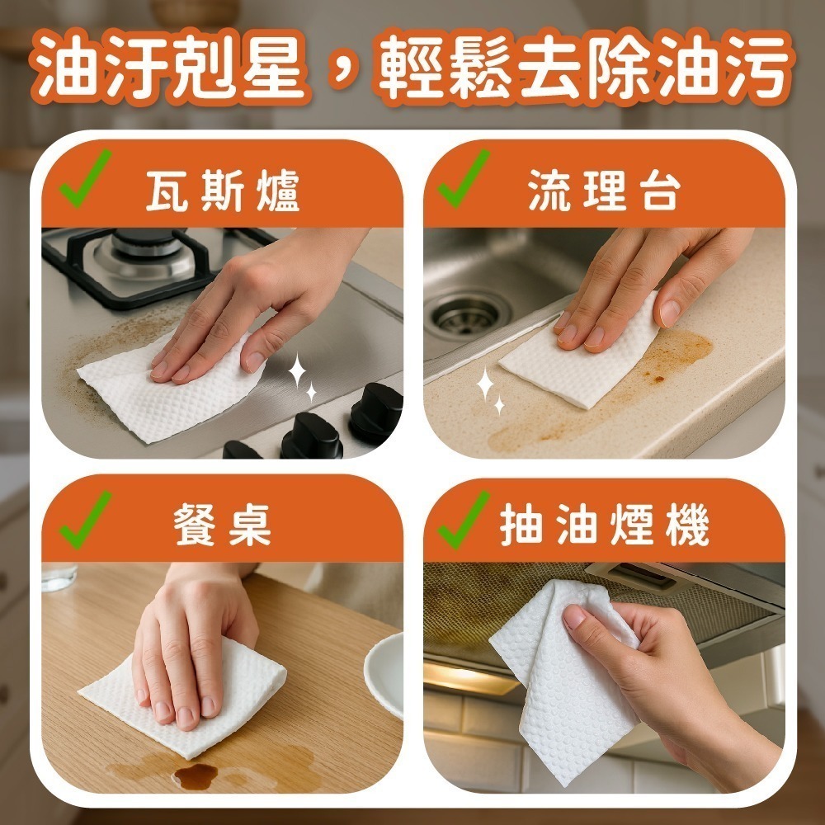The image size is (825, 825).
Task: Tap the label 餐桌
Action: click(223, 528)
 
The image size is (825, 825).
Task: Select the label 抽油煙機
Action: click(606, 528)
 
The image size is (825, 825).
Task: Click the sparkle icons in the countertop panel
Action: click(491, 391)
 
